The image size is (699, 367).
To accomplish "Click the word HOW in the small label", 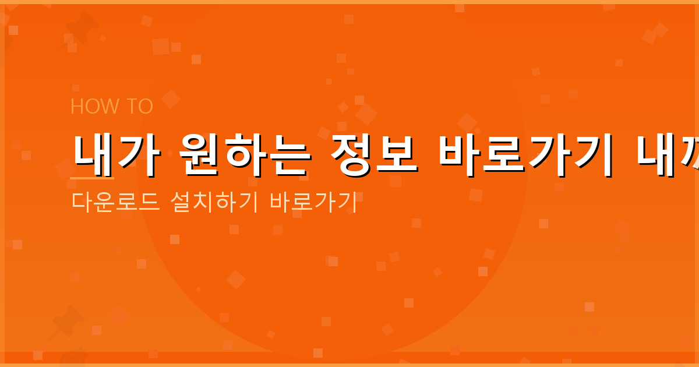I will pos(87,107).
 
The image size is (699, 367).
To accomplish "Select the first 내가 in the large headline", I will pos(113,154).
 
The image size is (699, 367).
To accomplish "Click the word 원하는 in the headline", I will pos(244,154).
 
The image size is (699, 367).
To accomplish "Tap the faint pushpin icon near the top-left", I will pos(82,26).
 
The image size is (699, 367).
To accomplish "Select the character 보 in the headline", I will pos(396,154).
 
